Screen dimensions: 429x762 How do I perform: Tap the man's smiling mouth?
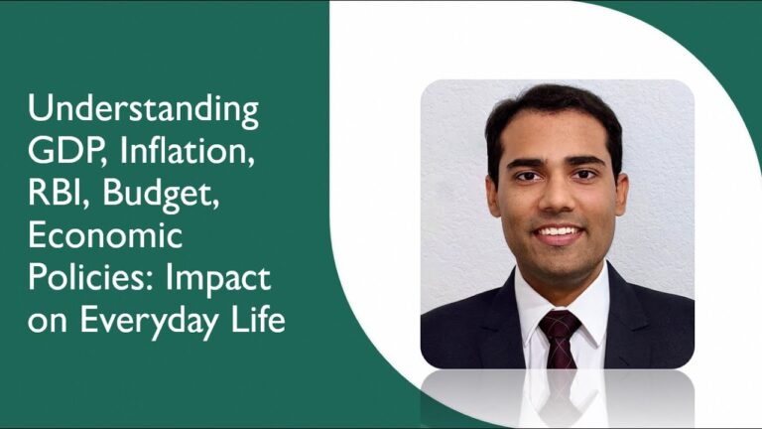pos(558,233)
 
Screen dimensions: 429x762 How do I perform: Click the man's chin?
pos(558,260)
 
